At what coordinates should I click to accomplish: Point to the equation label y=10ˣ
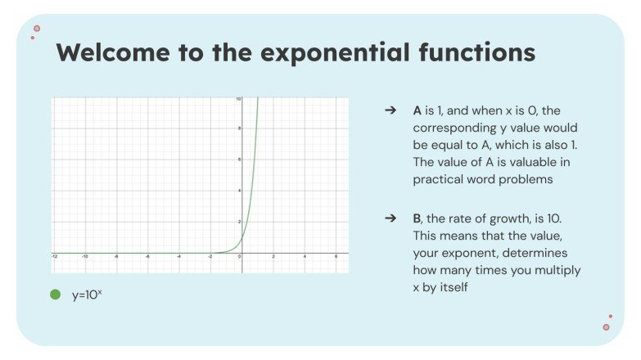(87, 295)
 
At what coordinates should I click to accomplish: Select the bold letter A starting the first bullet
(417, 110)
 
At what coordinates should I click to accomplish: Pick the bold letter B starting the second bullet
(417, 219)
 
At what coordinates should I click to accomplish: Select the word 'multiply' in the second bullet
(562, 270)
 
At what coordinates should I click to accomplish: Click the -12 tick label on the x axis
(55, 256)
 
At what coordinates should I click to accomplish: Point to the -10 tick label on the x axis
(85, 256)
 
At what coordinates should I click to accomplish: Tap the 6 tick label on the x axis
(336, 256)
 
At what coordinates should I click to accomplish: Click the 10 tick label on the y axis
(238, 99)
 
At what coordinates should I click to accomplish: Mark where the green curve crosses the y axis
(242, 237)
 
